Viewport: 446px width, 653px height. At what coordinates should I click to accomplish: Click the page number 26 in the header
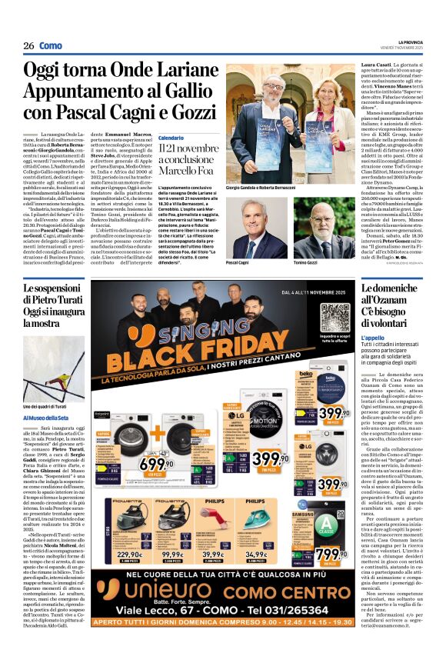(x=28, y=45)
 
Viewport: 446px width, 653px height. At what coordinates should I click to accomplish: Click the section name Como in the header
(x=51, y=45)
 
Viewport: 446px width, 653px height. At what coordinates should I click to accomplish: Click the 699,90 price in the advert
(x=156, y=464)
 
